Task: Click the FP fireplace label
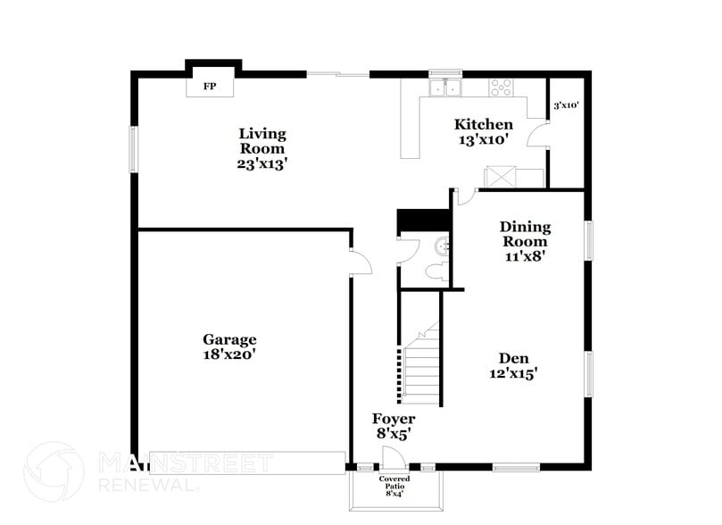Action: pos(211,87)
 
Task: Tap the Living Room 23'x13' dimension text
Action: pos(262,164)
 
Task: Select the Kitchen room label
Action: pos(484,125)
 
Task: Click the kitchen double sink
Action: pos(444,87)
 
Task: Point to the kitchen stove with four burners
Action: pos(502,87)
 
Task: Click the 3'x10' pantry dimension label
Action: pos(566,105)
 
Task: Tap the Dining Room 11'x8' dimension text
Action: pos(524,255)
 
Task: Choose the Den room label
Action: pos(515,358)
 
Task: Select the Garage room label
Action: pos(229,339)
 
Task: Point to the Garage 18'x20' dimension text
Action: pos(229,354)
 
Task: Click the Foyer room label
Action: pos(394,419)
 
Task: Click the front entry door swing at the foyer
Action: pos(392,456)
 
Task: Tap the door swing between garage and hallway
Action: pos(360,263)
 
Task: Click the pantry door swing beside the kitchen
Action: pos(537,135)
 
